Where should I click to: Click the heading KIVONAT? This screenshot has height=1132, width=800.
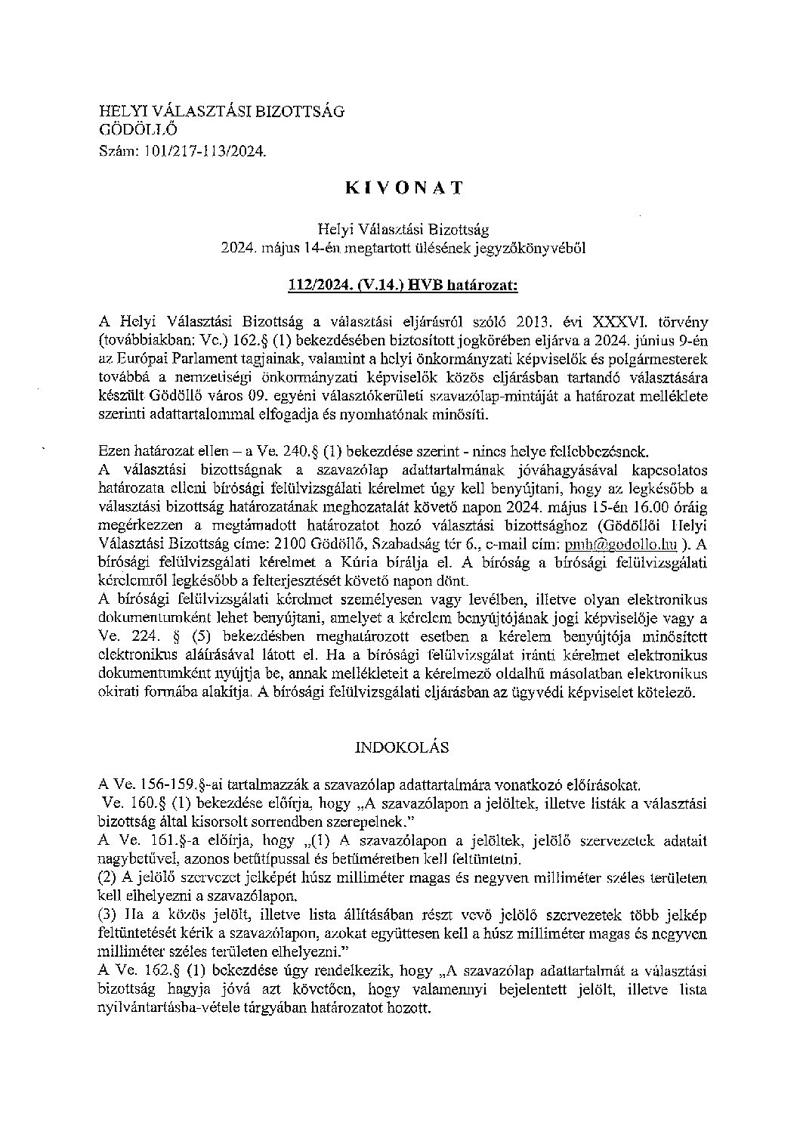click(x=403, y=188)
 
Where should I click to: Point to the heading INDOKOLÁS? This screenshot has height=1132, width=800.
click(x=403, y=747)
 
